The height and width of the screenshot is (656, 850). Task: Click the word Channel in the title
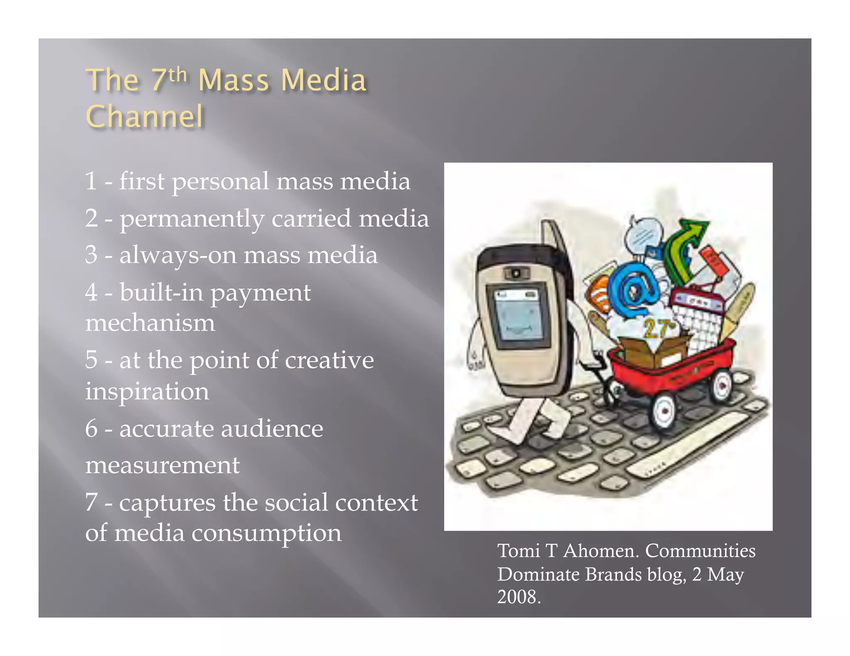click(x=144, y=117)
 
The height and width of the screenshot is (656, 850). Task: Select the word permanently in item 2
click(x=192, y=219)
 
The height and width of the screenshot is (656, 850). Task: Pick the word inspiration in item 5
click(x=147, y=391)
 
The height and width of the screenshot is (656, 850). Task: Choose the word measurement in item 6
click(x=162, y=465)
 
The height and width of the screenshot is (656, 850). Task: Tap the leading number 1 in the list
click(x=91, y=181)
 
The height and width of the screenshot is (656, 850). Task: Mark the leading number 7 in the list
click(x=91, y=502)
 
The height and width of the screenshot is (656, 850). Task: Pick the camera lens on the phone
click(x=515, y=273)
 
